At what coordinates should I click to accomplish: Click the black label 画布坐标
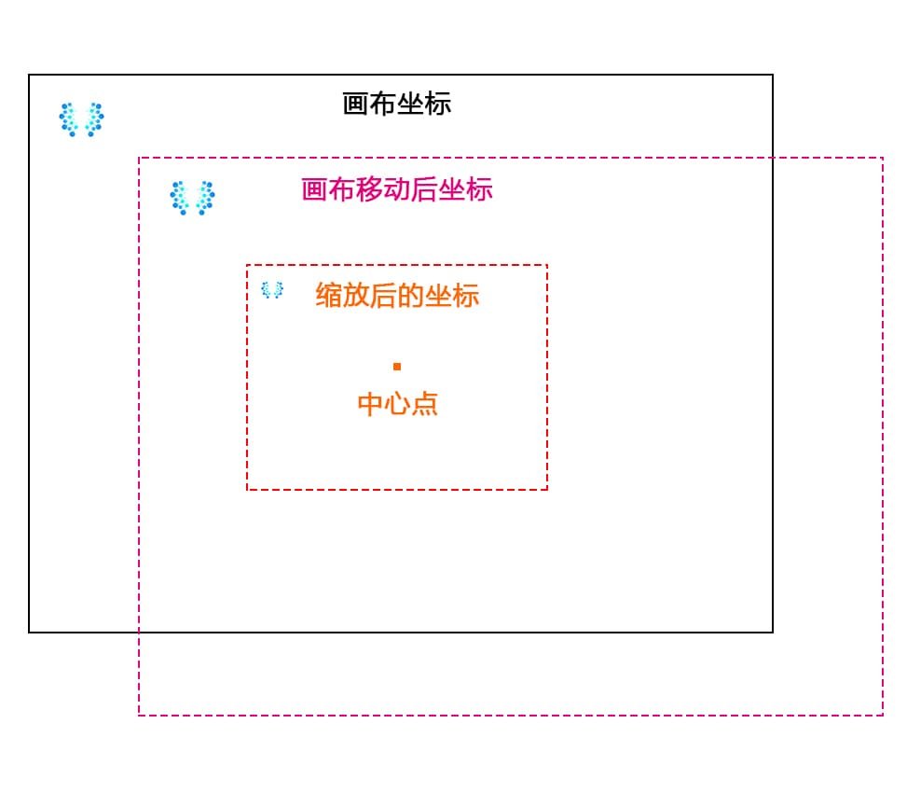tap(397, 104)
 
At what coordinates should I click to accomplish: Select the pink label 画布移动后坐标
tap(397, 189)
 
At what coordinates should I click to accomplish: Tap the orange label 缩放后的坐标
tap(397, 296)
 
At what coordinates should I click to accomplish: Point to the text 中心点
tap(397, 404)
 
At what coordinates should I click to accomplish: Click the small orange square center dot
tap(397, 367)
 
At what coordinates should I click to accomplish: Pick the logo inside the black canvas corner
tap(82, 119)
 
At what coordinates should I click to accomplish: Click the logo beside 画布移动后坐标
tap(193, 198)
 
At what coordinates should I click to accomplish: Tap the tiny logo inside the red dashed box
tap(271, 290)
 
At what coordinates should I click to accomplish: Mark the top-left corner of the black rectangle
tap(29, 75)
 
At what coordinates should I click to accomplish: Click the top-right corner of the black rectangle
tap(773, 75)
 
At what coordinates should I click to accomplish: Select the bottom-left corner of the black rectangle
tap(29, 633)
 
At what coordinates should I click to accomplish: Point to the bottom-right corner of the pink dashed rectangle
tap(883, 716)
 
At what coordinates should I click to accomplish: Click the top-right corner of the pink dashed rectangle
tap(883, 158)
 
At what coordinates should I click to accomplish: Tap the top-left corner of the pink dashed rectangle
tap(139, 158)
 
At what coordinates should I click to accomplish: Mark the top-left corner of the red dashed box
tap(247, 265)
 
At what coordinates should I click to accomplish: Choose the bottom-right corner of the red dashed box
tap(547, 489)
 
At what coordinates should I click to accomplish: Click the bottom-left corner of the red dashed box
tap(247, 489)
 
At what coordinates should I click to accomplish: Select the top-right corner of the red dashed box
tap(547, 265)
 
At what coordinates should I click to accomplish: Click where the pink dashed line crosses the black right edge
tap(773, 158)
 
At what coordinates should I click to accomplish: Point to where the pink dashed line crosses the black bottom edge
tap(139, 633)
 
